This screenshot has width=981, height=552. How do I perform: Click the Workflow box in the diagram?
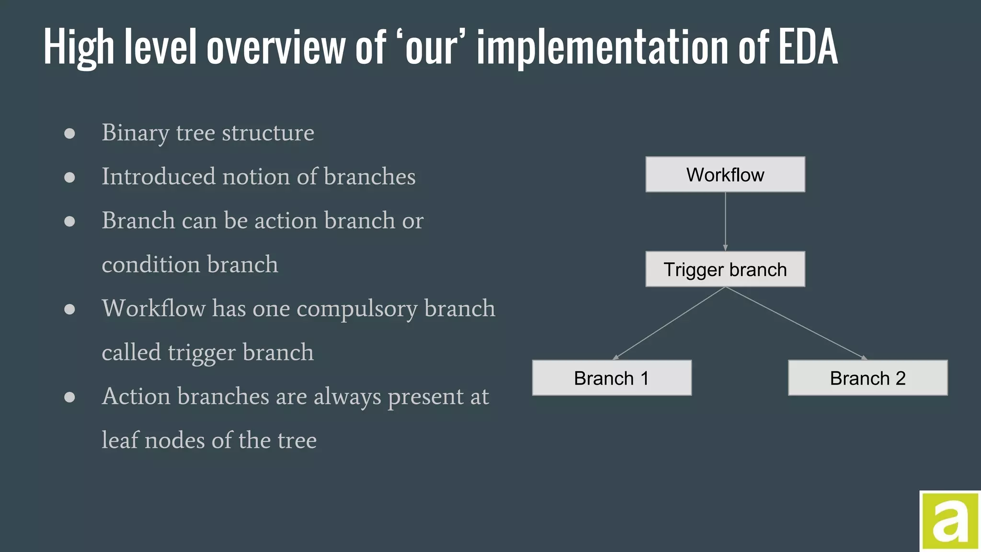pyautogui.click(x=725, y=174)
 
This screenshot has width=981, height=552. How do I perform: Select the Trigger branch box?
pyautogui.click(x=725, y=269)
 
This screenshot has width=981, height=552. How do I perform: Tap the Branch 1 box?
pyautogui.click(x=611, y=378)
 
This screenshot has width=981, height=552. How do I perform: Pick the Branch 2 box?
pyautogui.click(x=867, y=378)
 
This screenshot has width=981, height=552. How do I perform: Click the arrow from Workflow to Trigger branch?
pyautogui.click(x=725, y=221)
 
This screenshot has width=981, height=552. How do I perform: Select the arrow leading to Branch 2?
pyautogui.click(x=796, y=323)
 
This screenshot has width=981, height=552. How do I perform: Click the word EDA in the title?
pyautogui.click(x=808, y=47)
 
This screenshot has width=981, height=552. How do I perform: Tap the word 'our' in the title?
pyautogui.click(x=431, y=47)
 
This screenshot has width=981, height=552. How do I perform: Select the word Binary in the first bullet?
pyautogui.click(x=135, y=133)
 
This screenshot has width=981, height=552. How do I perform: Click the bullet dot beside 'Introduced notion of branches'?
pyautogui.click(x=69, y=177)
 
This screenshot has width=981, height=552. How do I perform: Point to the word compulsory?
pyautogui.click(x=357, y=309)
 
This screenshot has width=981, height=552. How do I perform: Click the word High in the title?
pyautogui.click(x=78, y=47)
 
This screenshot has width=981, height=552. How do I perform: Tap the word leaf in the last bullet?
pyautogui.click(x=120, y=440)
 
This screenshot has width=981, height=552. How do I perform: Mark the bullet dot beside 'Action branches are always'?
pyautogui.click(x=69, y=397)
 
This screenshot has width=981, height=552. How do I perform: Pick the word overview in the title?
pyautogui.click(x=276, y=47)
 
